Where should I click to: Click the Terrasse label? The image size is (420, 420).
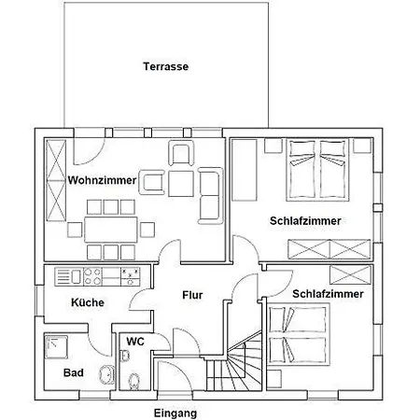tap(167, 67)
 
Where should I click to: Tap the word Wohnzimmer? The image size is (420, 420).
tap(103, 180)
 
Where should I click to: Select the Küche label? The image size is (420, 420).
tap(88, 302)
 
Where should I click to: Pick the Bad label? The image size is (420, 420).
tap(74, 373)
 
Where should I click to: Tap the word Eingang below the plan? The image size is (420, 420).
tap(176, 412)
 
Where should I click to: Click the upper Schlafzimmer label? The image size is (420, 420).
tap(304, 221)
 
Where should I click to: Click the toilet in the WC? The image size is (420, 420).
tap(135, 378)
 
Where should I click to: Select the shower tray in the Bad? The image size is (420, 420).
tap(58, 348)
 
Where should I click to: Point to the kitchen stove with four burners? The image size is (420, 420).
tap(131, 276)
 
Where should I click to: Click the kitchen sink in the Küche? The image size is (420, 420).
tap(71, 276)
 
